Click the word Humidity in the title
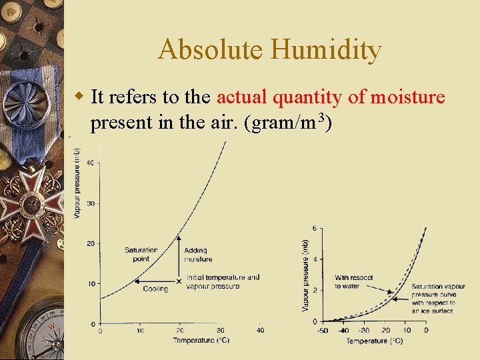tap(326, 50)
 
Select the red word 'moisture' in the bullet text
tap(407, 97)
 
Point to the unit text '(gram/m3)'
tap(291, 123)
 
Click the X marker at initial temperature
tap(179, 281)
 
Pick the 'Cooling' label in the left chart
tap(155, 289)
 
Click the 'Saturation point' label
tap(141, 254)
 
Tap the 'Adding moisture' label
tap(198, 255)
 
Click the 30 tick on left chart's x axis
tap(220, 330)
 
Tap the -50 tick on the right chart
tap(323, 330)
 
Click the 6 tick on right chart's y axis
tap(315, 229)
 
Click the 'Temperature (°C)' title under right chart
tap(374, 341)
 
